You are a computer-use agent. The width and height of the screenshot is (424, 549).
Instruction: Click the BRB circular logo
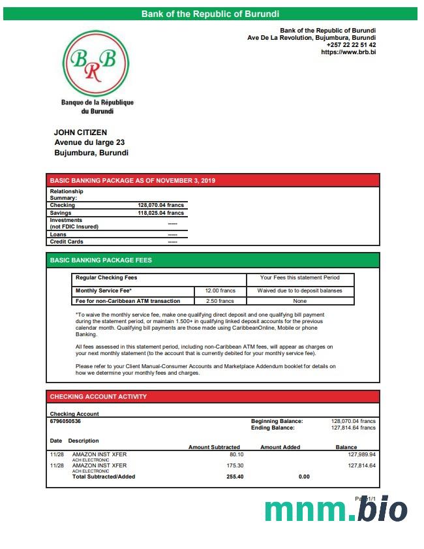click(97, 63)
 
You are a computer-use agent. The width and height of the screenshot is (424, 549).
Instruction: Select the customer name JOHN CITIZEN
click(80, 133)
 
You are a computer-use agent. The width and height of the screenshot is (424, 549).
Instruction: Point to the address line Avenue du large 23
click(89, 142)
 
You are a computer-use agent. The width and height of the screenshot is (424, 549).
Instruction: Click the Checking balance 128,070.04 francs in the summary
click(161, 205)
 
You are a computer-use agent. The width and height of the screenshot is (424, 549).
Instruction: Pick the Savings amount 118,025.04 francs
click(161, 213)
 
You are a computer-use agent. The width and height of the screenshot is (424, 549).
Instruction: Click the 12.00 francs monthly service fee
click(220, 290)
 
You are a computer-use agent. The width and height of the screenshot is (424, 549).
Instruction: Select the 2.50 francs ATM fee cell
click(220, 301)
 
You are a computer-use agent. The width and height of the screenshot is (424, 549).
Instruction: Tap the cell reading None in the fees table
click(300, 301)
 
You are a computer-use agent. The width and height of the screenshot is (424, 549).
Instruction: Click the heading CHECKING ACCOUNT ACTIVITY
click(98, 397)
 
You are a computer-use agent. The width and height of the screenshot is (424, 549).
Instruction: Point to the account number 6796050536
click(65, 421)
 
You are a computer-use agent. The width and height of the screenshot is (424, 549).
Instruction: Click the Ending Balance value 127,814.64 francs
click(354, 428)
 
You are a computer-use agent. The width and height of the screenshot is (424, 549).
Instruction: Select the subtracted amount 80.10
click(236, 454)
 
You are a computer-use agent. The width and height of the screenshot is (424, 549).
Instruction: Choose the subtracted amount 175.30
click(234, 465)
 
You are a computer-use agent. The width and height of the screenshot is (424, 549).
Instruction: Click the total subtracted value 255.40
click(234, 477)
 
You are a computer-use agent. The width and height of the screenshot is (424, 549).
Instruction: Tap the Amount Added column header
click(280, 447)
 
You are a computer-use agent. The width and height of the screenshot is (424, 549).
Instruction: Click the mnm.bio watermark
click(336, 510)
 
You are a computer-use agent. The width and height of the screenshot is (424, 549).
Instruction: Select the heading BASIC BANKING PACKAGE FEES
click(100, 260)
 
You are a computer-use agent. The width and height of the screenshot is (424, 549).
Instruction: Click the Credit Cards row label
click(67, 242)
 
